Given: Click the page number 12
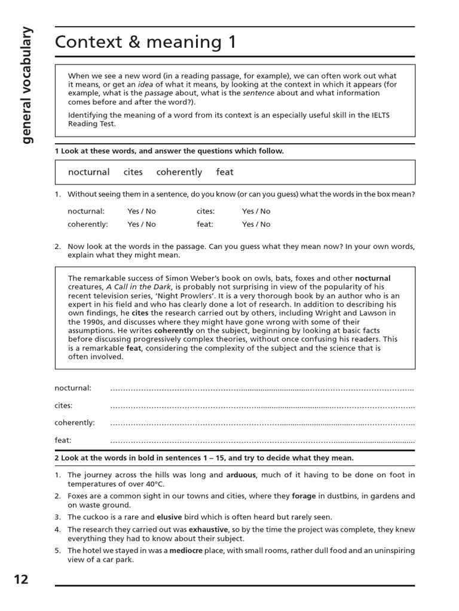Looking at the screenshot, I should pyautogui.click(x=20, y=579).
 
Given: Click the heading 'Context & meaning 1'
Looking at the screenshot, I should pyautogui.click(x=145, y=42).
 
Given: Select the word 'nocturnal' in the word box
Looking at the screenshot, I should pyautogui.click(x=88, y=172).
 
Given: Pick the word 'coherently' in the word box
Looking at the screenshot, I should pyautogui.click(x=179, y=172).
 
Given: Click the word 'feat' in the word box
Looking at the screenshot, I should pyautogui.click(x=225, y=172).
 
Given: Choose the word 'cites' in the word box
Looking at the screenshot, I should pyautogui.click(x=133, y=172).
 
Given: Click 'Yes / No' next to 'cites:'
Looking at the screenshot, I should pyautogui.click(x=256, y=211).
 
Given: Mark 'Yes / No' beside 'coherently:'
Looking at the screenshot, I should pyautogui.click(x=141, y=224).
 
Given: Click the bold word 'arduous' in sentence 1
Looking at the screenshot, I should pyautogui.click(x=241, y=476).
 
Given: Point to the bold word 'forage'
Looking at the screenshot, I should pyautogui.click(x=304, y=496).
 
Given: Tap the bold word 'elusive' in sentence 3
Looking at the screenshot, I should pyautogui.click(x=169, y=517).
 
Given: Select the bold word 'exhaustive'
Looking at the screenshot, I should pyautogui.click(x=209, y=529).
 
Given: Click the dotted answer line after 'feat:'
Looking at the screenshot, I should pyautogui.click(x=262, y=440).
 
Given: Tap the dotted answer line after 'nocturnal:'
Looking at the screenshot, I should pyautogui.click(x=262, y=388).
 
